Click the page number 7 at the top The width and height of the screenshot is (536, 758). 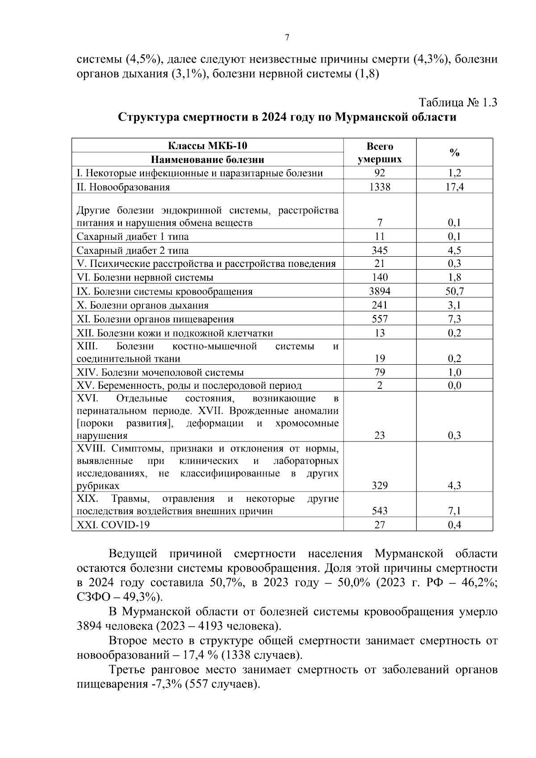pyautogui.click(x=287, y=38)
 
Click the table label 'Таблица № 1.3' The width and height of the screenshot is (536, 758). pyautogui.click(x=457, y=102)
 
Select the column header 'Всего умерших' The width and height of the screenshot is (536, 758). pyautogui.click(x=380, y=153)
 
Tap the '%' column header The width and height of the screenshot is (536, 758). pyautogui.click(x=454, y=153)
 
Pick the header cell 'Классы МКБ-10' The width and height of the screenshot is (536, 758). pyautogui.click(x=208, y=146)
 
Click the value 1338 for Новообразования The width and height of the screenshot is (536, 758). pyautogui.click(x=380, y=187)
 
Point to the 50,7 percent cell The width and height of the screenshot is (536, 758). pyautogui.click(x=454, y=292)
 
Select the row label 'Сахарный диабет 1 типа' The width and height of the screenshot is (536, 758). pyautogui.click(x=133, y=237)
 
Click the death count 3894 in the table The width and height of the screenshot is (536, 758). pyautogui.click(x=380, y=292)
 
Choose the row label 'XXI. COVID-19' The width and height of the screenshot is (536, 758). pyautogui.click(x=113, y=525)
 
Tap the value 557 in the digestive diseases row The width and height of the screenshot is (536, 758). pyautogui.click(x=380, y=319)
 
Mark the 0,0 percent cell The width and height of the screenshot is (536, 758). pyautogui.click(x=454, y=386)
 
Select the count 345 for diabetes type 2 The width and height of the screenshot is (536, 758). pyautogui.click(x=380, y=250)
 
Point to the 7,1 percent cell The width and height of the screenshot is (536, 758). pyautogui.click(x=454, y=511)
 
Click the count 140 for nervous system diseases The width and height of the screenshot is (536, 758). pyautogui.click(x=380, y=278)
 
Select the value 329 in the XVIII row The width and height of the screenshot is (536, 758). pyautogui.click(x=380, y=486)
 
